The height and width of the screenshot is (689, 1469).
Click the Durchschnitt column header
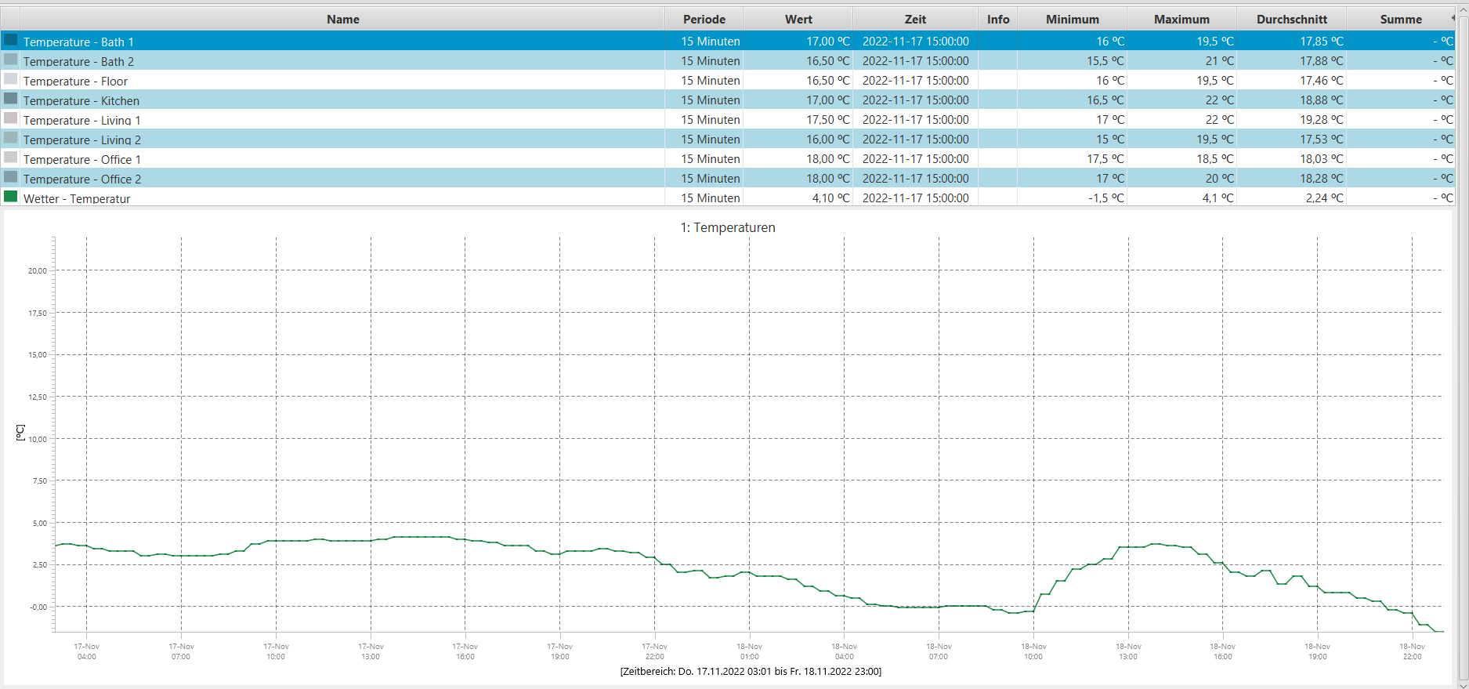coord(1291,20)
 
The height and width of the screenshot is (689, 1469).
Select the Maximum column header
coord(1181,20)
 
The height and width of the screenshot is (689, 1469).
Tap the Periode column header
coord(704,20)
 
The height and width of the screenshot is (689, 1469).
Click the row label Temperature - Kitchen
coord(81,101)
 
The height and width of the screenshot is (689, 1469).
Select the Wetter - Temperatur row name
coord(77,199)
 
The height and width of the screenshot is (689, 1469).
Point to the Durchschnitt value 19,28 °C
coord(1321,120)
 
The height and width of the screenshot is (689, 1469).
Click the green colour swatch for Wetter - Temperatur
coord(11,197)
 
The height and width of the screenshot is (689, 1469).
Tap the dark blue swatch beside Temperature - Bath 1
coord(11,40)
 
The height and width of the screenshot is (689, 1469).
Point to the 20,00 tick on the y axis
coord(38,271)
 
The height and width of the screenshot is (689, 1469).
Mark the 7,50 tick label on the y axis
coord(39,481)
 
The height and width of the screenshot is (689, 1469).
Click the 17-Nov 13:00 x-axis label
coord(371,651)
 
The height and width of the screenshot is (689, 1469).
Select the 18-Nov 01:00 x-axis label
coord(749,651)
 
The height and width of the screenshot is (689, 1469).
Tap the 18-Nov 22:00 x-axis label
coord(1412,651)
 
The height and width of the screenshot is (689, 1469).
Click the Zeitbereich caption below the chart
coord(751,672)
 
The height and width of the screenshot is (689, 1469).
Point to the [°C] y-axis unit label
coord(20,433)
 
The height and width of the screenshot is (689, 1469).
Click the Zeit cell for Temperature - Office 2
coord(915,179)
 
